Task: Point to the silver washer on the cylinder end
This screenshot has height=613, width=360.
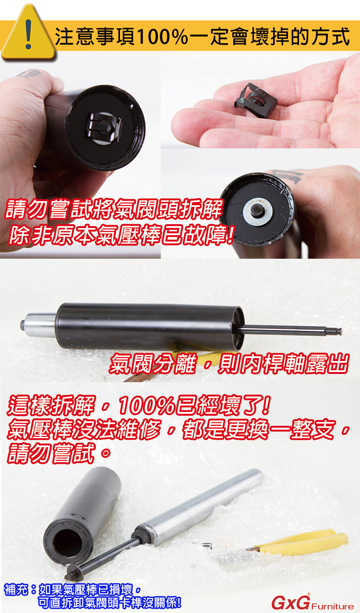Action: pyautogui.click(x=257, y=212)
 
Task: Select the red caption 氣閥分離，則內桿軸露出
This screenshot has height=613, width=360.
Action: pyautogui.click(x=229, y=364)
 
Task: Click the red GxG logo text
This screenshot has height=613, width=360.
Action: pyautogui.click(x=291, y=602)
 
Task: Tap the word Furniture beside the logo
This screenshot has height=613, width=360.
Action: pyautogui.click(x=332, y=605)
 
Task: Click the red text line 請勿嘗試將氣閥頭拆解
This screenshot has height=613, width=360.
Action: pyautogui.click(x=114, y=209)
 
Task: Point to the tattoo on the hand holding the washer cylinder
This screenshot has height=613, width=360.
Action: pyautogui.click(x=287, y=175)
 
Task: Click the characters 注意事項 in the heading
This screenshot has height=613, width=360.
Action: pyautogui.click(x=95, y=36)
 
